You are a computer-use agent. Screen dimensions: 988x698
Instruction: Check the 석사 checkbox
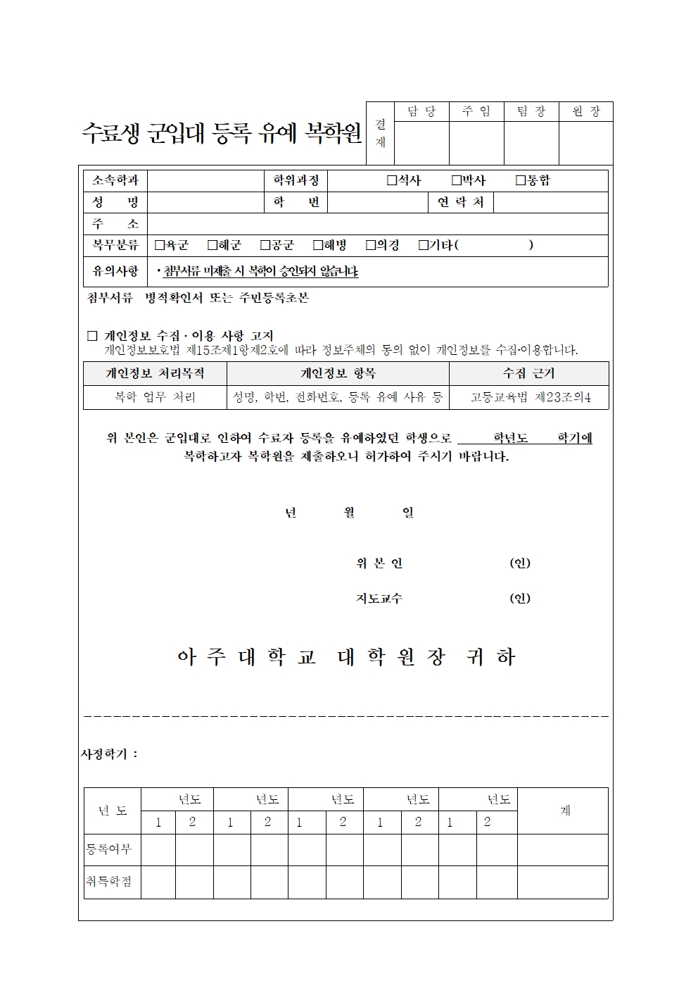coord(392,181)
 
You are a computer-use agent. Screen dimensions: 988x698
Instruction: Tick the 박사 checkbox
coord(456,181)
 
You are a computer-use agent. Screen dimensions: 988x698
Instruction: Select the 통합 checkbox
coord(521,181)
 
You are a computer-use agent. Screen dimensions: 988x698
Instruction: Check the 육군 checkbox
coord(160,246)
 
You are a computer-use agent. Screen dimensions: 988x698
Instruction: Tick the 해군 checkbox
coord(212,246)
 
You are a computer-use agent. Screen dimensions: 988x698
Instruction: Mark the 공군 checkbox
coord(265,246)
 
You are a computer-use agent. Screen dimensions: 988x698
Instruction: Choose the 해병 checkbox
coord(318,246)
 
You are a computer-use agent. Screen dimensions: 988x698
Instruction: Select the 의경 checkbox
coord(371,246)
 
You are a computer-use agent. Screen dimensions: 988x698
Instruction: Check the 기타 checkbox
coord(424,246)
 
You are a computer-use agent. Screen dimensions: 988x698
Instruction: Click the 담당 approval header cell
coord(421,112)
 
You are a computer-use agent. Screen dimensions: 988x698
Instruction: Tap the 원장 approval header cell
coord(586,112)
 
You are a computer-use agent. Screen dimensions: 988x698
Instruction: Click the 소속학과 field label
coord(115,181)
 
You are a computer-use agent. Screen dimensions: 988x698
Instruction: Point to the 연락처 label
coord(461,203)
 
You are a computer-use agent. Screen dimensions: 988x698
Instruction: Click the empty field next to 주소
coord(377,225)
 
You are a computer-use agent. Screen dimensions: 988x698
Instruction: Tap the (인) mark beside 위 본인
coord(520,563)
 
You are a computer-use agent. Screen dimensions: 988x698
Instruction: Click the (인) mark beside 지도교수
coord(520,599)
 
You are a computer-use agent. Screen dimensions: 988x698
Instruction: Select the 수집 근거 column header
coord(528,373)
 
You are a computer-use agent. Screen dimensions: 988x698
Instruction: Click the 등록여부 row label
coord(109,849)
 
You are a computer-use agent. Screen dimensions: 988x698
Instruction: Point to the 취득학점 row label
coord(109,882)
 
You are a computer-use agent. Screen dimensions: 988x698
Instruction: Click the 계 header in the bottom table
coord(564,811)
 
